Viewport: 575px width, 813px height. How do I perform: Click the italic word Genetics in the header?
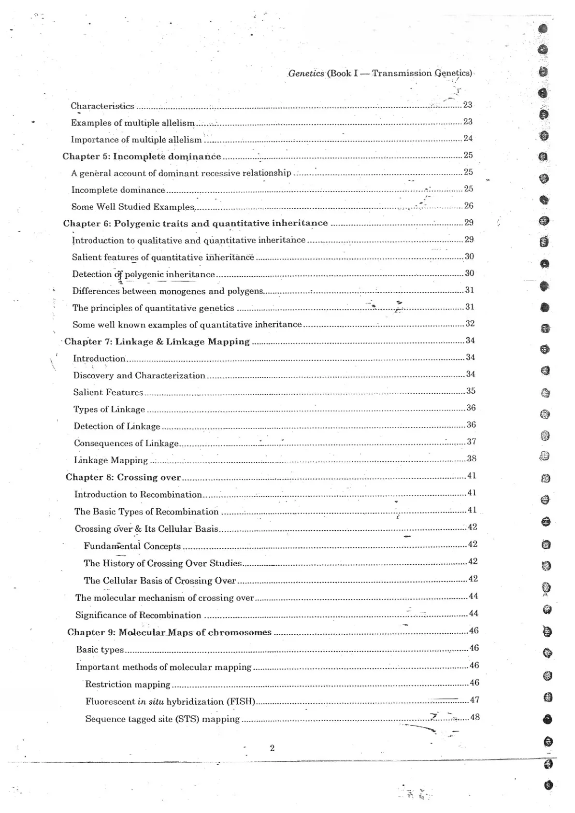click(x=306, y=73)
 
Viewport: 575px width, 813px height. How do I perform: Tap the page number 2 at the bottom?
click(x=272, y=748)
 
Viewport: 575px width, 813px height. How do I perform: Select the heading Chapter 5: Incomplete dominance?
click(x=142, y=156)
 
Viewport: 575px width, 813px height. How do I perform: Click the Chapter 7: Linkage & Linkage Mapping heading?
click(x=157, y=342)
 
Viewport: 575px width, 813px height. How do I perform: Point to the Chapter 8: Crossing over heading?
click(x=123, y=477)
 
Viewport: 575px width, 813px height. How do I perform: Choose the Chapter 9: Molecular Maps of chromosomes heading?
click(x=169, y=632)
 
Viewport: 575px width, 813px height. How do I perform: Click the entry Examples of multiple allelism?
click(x=132, y=123)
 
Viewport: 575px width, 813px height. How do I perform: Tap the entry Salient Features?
click(x=108, y=392)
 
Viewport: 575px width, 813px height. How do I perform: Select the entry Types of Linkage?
click(x=109, y=409)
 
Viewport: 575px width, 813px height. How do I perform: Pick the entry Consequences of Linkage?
click(x=126, y=443)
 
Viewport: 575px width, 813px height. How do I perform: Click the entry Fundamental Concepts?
click(x=132, y=546)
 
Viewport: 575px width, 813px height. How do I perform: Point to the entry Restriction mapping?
click(x=128, y=684)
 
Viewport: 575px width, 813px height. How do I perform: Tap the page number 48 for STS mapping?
click(x=474, y=717)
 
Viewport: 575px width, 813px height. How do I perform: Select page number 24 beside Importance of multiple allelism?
click(x=468, y=138)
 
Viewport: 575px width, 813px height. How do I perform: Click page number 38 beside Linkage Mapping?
click(x=471, y=458)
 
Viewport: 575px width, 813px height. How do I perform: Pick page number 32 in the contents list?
click(x=470, y=323)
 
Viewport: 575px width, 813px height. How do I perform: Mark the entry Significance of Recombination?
click(x=138, y=615)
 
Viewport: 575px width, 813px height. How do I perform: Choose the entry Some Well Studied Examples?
click(x=132, y=207)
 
